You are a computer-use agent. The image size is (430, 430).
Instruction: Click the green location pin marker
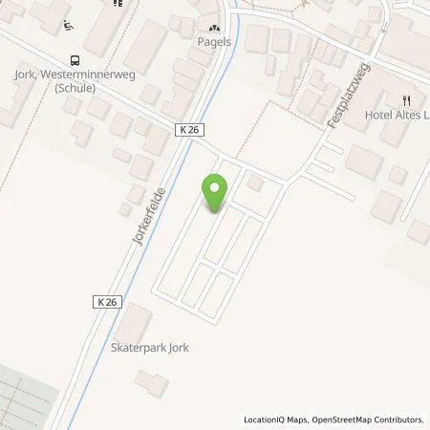click(x=215, y=192)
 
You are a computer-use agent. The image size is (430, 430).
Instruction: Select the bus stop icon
click(x=73, y=56)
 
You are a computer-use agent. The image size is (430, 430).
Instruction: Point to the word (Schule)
click(x=75, y=89)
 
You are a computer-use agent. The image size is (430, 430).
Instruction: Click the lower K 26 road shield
click(x=107, y=301)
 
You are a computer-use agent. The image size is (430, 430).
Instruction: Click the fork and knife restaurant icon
click(x=407, y=98)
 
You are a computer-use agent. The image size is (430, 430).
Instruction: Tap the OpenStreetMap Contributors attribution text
click(x=371, y=419)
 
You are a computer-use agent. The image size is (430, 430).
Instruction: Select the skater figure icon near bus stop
click(x=64, y=28)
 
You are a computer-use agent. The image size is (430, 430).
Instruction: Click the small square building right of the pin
click(x=254, y=183)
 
